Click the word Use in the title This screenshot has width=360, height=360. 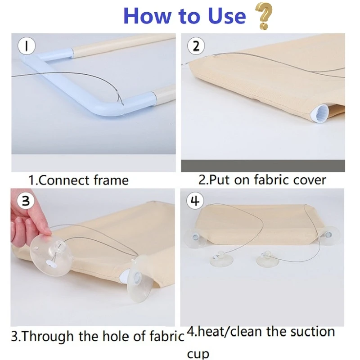click(226, 16)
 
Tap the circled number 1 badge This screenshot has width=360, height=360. click(27, 46)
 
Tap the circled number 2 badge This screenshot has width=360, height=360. click(196, 46)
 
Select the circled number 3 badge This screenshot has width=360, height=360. click(26, 201)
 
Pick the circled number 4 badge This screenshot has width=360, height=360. click(195, 201)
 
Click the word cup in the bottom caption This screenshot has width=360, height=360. click(198, 354)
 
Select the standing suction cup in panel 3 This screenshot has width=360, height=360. click(139, 279)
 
